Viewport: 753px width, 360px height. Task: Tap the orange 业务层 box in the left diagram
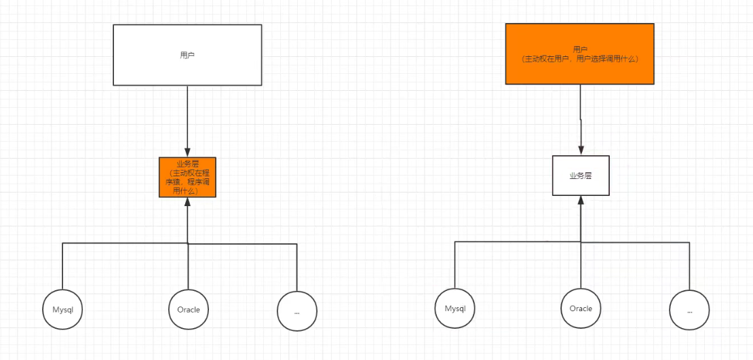187,177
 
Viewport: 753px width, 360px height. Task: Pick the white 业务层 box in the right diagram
581,175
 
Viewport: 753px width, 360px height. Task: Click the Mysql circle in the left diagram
62,310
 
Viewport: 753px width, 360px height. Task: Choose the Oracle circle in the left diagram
189,310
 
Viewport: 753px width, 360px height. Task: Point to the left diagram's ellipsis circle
297,311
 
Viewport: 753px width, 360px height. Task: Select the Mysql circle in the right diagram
455,308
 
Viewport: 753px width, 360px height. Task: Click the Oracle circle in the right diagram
581,308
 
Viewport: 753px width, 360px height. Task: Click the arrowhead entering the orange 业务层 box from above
187,153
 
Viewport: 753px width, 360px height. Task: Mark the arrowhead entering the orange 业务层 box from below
187,202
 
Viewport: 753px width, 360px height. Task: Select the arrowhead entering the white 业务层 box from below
581,200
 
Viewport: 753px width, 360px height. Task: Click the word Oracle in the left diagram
189,310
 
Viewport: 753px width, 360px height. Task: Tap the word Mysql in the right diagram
455,308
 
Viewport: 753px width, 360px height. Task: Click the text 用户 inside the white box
187,54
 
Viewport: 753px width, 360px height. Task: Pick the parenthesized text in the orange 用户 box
580,59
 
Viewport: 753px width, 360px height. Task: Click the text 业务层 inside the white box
581,175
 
